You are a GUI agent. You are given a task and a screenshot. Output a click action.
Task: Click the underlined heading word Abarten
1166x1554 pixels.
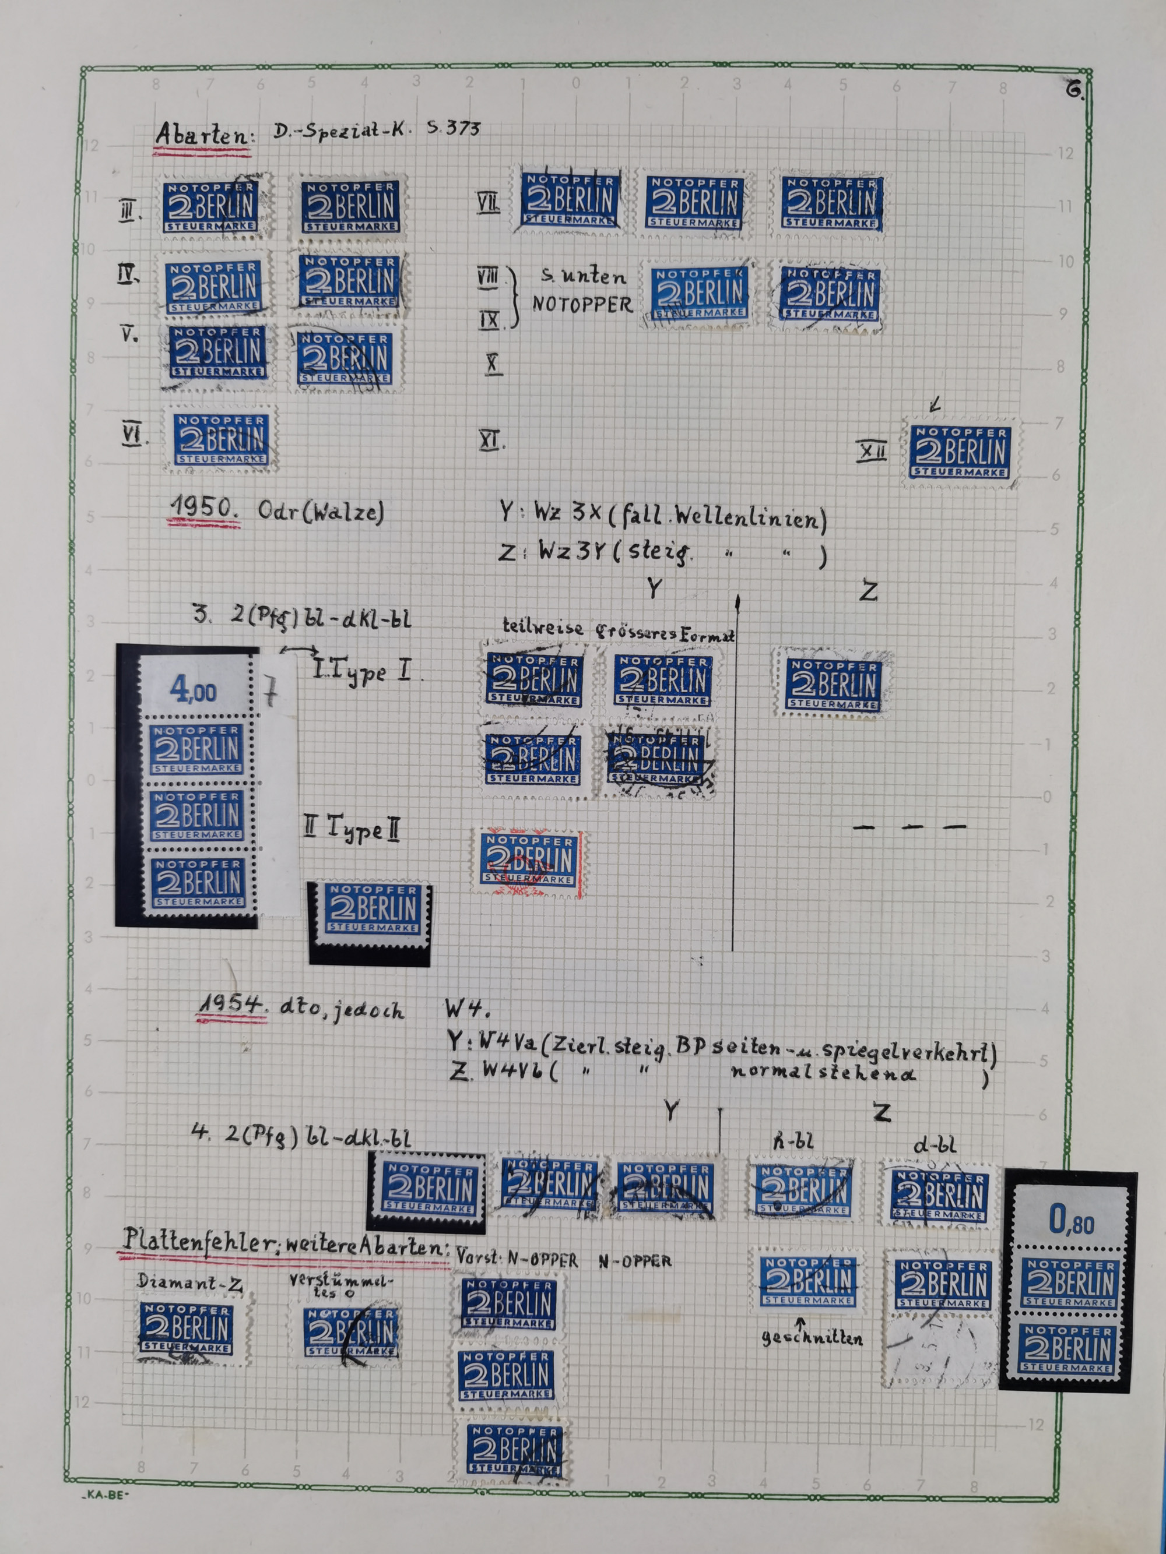click(202, 134)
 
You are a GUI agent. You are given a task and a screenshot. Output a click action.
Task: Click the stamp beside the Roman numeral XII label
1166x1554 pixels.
click(960, 452)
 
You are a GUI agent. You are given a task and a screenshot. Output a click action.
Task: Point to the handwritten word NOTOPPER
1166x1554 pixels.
click(582, 304)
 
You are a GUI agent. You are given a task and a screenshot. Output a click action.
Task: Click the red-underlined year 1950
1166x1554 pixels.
click(205, 508)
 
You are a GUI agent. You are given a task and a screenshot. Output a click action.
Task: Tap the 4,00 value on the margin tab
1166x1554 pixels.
click(192, 691)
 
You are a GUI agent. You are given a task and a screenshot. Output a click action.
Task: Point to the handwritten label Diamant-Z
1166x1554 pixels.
click(189, 1282)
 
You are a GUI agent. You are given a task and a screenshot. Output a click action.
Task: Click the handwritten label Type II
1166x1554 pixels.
click(353, 829)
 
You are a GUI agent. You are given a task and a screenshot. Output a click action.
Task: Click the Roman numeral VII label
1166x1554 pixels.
click(488, 204)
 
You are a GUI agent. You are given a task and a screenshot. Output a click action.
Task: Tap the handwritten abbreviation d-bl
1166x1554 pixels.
click(934, 1145)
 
